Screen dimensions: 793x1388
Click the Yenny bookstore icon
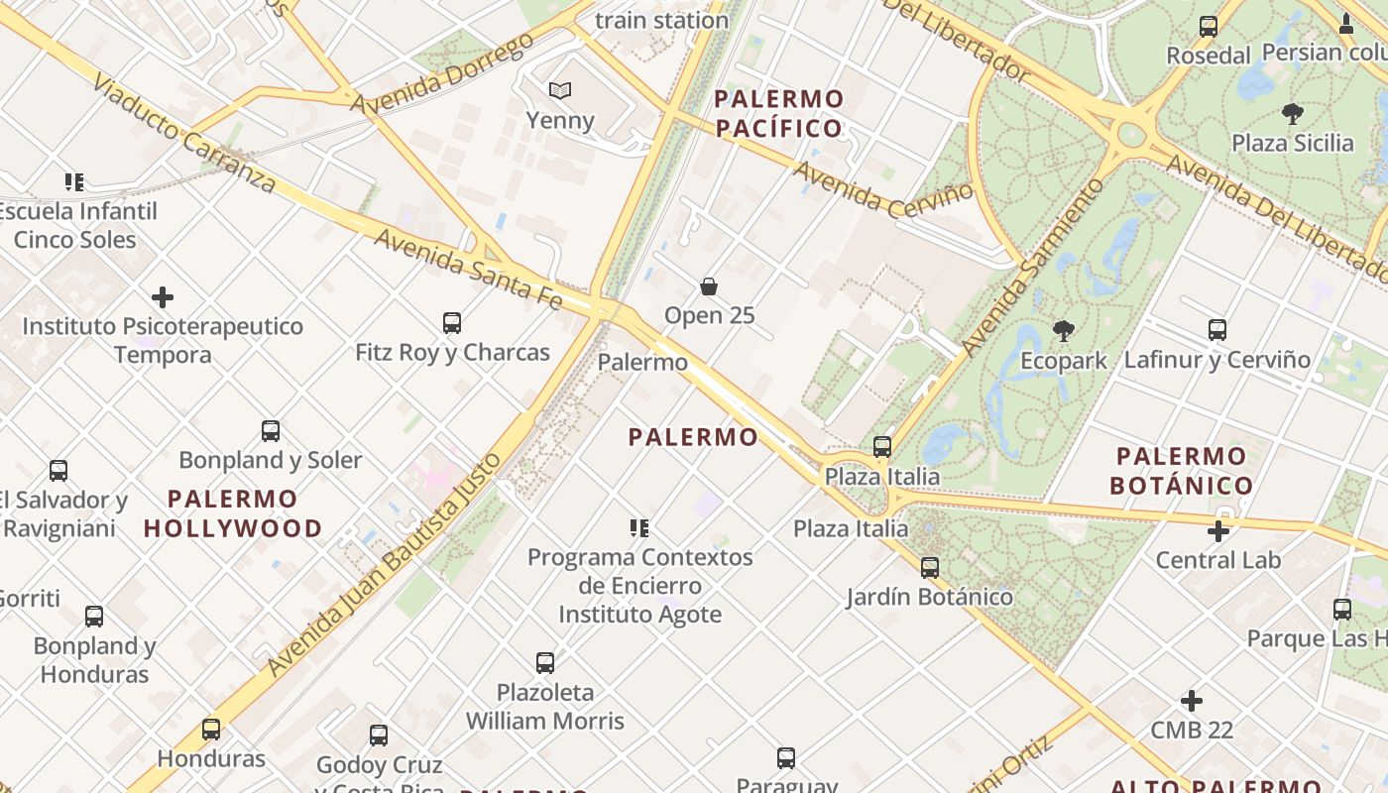click(x=560, y=91)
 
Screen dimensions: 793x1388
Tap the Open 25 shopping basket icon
click(x=709, y=286)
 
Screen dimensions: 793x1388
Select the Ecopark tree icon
click(x=1064, y=331)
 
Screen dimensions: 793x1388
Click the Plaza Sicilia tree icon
click(x=1292, y=114)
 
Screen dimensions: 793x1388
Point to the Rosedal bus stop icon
click(x=1208, y=27)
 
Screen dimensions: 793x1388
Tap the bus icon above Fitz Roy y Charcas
click(x=452, y=323)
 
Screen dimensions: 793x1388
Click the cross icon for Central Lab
click(x=1218, y=531)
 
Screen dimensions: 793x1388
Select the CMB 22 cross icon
click(x=1192, y=702)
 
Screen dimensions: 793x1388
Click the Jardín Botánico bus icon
click(x=930, y=568)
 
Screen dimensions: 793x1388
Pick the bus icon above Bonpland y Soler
click(x=271, y=431)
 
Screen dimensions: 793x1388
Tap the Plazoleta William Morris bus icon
click(x=545, y=663)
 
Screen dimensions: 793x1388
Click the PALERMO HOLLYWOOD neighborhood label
click(x=233, y=512)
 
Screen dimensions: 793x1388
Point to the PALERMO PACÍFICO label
click(x=778, y=113)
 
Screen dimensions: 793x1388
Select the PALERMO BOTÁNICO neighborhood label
click(x=1182, y=471)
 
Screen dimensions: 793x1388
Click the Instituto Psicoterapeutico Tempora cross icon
click(x=163, y=297)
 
